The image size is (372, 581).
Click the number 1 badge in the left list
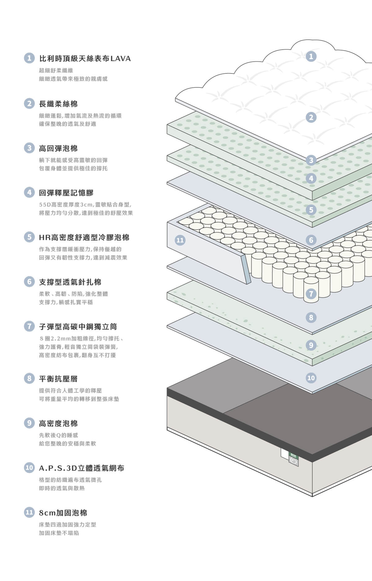[x=29, y=58]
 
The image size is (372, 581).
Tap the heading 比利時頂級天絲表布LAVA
[x=85, y=59]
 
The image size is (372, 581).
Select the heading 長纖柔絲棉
[x=58, y=104]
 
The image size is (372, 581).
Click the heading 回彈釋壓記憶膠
[x=66, y=193]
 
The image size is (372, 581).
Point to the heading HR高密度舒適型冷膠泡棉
[x=84, y=237]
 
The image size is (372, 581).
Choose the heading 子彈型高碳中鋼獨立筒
[x=78, y=327]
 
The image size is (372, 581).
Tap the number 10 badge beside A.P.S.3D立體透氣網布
[x=29, y=468]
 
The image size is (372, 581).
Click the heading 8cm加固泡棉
[x=63, y=513]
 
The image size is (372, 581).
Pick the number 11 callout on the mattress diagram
[x=180, y=240]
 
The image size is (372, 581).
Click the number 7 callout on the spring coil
[x=311, y=294]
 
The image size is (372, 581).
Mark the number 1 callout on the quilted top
[x=311, y=56]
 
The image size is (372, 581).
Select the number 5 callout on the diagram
[x=311, y=210]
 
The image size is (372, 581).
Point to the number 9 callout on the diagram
[x=311, y=345]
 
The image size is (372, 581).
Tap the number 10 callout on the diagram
[x=311, y=378]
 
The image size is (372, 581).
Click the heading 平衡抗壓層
[x=58, y=379]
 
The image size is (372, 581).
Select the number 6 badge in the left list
[x=29, y=282]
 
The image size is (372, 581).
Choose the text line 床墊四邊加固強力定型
[x=68, y=525]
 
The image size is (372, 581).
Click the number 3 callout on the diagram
[x=311, y=160]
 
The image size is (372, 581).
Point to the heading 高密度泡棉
[x=58, y=423]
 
